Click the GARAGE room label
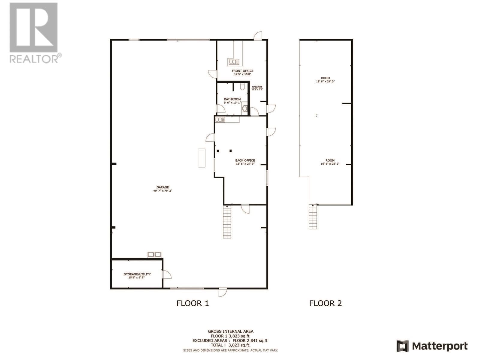(163, 187)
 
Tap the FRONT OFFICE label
(242, 71)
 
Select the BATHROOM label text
(232, 99)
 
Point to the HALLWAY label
(257, 87)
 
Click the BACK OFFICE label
(245, 160)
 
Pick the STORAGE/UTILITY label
(137, 274)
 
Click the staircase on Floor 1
(227, 222)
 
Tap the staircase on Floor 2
(313, 217)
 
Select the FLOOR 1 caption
(192, 303)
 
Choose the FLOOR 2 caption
(325, 303)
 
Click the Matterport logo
(432, 346)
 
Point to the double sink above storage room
(154, 255)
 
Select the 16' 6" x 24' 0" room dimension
(325, 81)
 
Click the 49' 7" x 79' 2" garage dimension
(163, 191)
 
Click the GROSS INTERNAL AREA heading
(230, 331)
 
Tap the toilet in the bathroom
(245, 108)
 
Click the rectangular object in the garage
(202, 158)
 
